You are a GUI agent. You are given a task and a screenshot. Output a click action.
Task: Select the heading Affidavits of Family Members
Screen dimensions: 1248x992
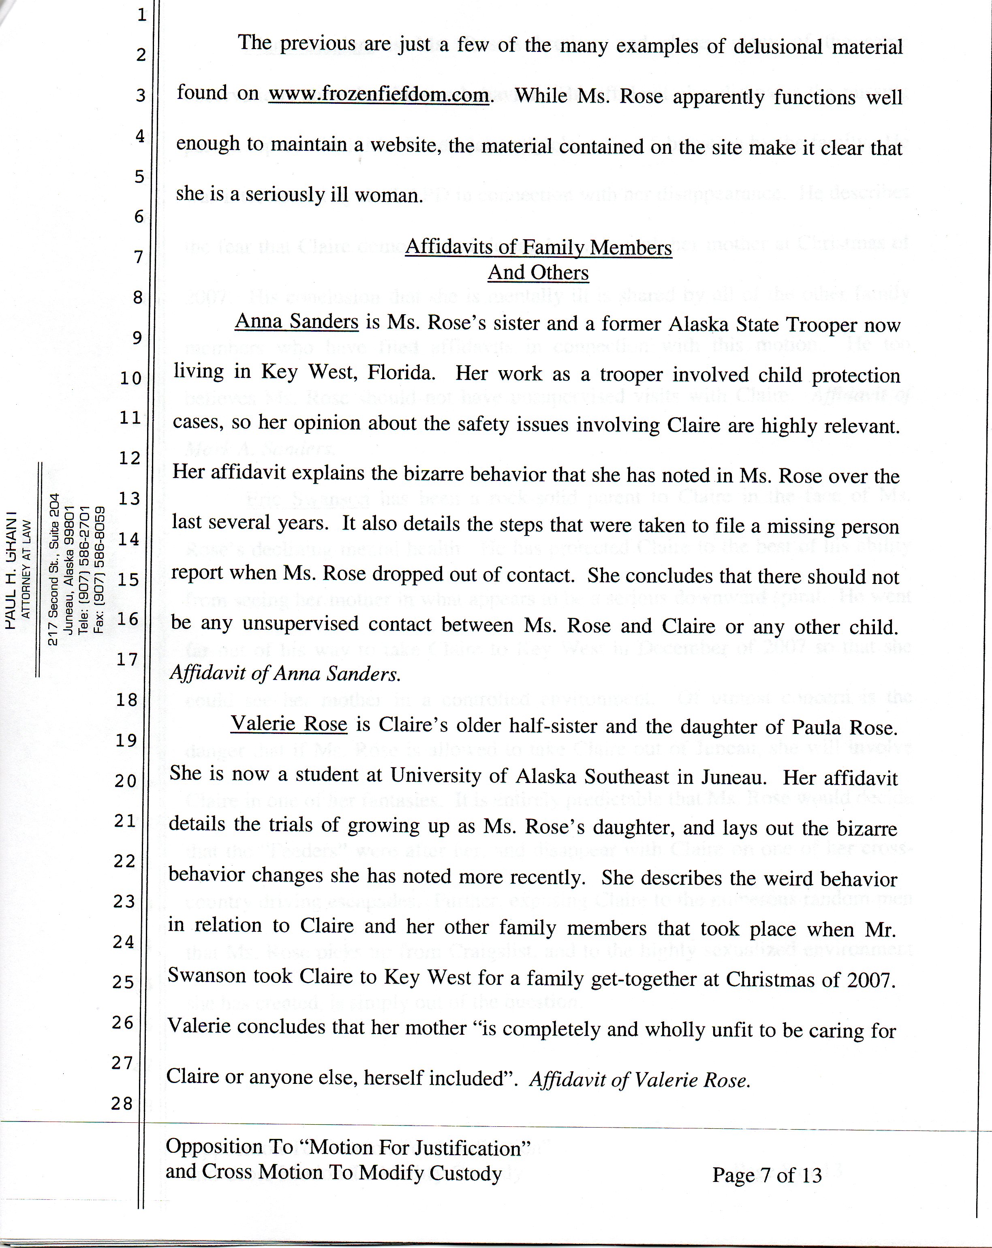coord(538,247)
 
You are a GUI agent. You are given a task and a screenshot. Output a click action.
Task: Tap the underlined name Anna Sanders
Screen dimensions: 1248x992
coord(296,321)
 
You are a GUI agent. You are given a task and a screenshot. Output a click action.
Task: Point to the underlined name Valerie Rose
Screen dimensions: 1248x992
coord(289,724)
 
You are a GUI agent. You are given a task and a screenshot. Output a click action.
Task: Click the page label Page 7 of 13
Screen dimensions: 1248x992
coord(766,1175)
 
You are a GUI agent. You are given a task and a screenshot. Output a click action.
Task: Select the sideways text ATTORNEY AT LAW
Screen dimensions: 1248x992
coord(26,569)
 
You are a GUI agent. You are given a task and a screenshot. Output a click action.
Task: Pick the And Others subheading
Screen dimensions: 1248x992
coord(538,272)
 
